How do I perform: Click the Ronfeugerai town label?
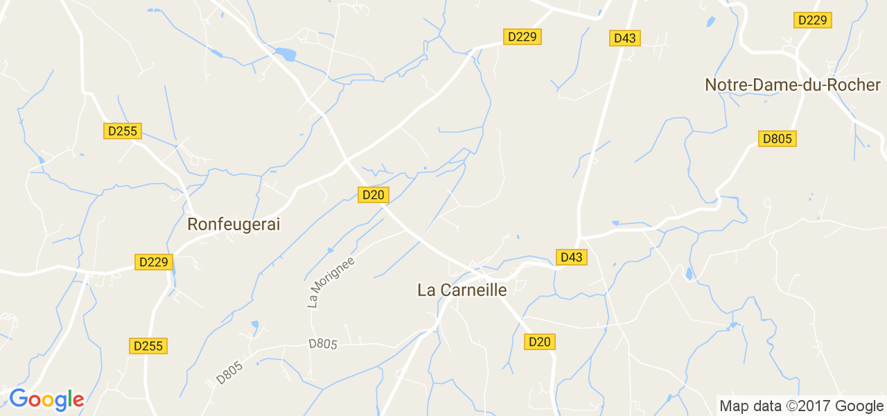pos(234,225)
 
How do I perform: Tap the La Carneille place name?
pos(462,290)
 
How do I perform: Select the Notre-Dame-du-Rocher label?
pos(792,85)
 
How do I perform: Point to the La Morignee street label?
pos(331,282)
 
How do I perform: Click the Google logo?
pos(46,399)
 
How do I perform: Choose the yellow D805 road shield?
pos(777,139)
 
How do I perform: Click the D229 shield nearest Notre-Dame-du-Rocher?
pos(812,20)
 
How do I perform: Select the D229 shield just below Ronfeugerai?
pos(153,262)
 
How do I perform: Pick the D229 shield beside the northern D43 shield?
pos(522,37)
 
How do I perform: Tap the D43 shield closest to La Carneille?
pos(572,257)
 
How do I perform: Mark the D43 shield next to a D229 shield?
pos(625,38)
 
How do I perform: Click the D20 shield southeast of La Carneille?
pos(540,342)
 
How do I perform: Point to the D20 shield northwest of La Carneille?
pos(373,195)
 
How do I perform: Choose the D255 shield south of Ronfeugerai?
pos(148,346)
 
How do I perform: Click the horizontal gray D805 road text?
pos(322,343)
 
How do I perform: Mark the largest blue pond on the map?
pos(285,53)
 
